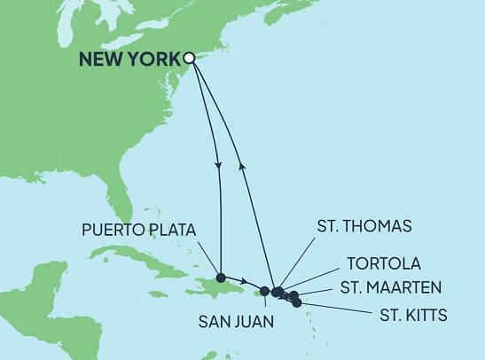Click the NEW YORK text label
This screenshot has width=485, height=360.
pyautogui.click(x=129, y=59)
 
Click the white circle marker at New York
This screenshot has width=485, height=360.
pyautogui.click(x=189, y=59)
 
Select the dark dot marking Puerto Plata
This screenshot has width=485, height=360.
pyautogui.click(x=221, y=276)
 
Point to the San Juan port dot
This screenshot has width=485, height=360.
pyautogui.click(x=264, y=291)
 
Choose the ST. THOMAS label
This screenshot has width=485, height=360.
pyautogui.click(x=364, y=226)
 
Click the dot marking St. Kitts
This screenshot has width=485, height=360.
pyautogui.click(x=297, y=302)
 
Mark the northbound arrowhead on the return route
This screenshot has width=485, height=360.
pyautogui.click(x=242, y=165)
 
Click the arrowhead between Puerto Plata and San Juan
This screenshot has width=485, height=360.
pyautogui.click(x=242, y=283)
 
